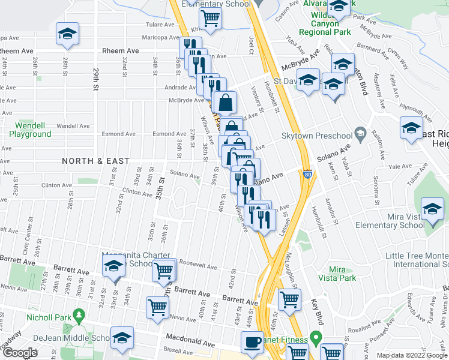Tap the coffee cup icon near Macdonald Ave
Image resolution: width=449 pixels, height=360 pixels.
click(252, 342)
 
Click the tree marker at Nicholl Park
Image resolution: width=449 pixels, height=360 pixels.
click(78, 315)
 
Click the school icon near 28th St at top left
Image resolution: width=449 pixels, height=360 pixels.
click(67, 34)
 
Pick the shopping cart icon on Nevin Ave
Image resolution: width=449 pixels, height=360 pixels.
click(157, 307)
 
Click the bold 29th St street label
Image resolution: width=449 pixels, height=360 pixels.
click(95, 78)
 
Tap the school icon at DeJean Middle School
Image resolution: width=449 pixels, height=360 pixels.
click(121, 338)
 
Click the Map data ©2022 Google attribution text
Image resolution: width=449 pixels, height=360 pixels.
click(412, 355)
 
